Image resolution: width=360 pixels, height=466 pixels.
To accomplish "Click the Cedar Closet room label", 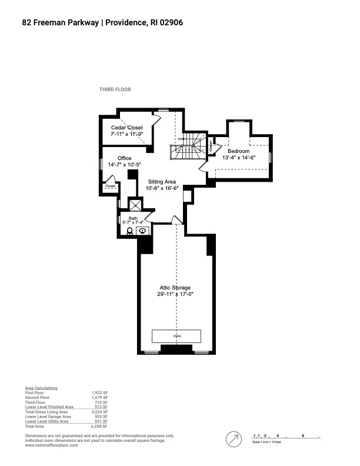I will tap(127, 128).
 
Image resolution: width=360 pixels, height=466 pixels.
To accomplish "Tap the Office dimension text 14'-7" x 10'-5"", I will tap(124, 165).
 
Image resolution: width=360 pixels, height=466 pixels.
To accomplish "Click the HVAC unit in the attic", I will tap(176, 336).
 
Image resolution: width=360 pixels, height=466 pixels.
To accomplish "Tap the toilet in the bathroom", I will tap(129, 231).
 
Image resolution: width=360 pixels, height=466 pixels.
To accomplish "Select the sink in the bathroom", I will tap(142, 231).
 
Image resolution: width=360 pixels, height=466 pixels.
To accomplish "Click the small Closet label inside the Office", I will tap(110, 187).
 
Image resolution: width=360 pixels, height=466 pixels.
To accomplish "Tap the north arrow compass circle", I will tap(235, 439).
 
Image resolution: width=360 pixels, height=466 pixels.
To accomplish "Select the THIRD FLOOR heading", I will tap(115, 89).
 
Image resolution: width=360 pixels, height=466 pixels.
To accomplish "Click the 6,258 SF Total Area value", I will tap(101, 425).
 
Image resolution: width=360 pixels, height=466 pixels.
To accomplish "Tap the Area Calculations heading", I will tap(41, 388).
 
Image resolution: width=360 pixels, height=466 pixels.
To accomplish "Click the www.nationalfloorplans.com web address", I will tap(51, 445).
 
